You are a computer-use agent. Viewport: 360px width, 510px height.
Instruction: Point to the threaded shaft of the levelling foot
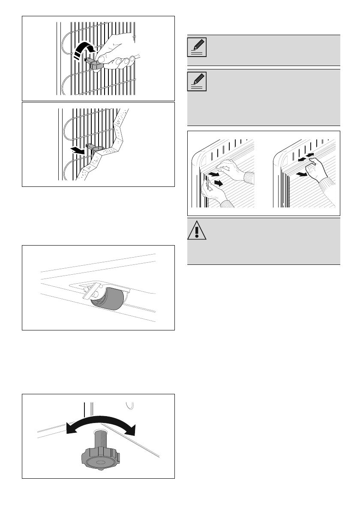tap(100, 440)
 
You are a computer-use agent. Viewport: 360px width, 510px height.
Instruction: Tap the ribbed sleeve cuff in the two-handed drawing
tap(249, 177)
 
